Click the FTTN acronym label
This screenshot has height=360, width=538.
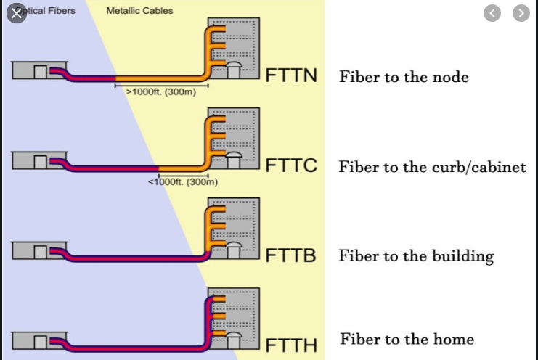pyautogui.click(x=291, y=75)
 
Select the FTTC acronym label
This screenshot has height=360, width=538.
pyautogui.click(x=292, y=165)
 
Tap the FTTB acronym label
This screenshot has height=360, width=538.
pyautogui.click(x=291, y=255)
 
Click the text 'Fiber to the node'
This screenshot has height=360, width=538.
pyautogui.click(x=404, y=77)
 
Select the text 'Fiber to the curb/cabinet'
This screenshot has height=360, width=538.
pyautogui.click(x=432, y=167)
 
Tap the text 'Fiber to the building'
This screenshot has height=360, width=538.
pyautogui.click(x=416, y=256)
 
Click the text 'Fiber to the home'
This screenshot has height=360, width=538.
pyautogui.click(x=407, y=340)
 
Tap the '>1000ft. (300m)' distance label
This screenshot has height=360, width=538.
pyautogui.click(x=156, y=93)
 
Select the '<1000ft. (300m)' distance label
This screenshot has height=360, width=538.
pyautogui.click(x=183, y=181)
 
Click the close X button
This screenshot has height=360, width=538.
pyautogui.click(x=16, y=14)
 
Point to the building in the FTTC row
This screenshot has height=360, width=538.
pyautogui.click(x=233, y=138)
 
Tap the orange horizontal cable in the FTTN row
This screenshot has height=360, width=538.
pyautogui.click(x=160, y=78)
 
